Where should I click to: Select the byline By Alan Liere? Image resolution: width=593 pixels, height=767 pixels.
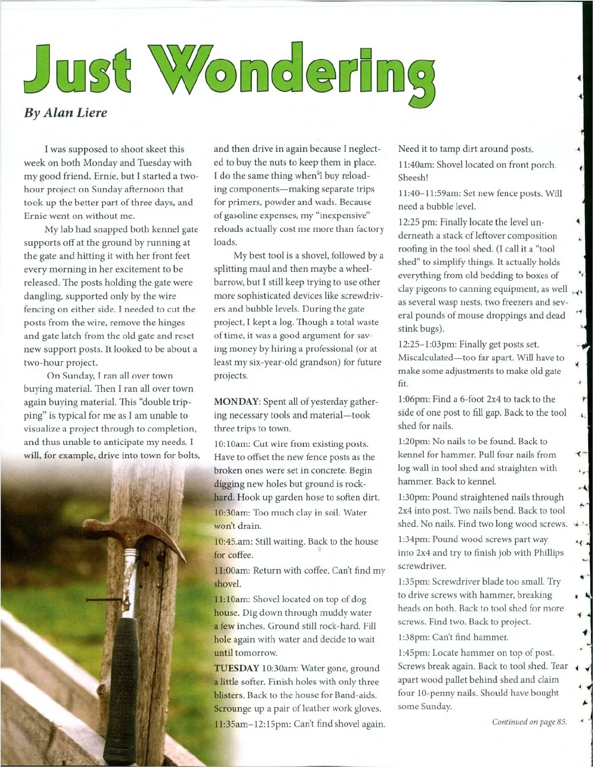click(65, 113)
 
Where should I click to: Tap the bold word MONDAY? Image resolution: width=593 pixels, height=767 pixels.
click(234, 402)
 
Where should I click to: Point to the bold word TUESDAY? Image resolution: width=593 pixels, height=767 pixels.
click(237, 668)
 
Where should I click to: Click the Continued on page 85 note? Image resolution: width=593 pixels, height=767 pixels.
click(529, 722)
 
